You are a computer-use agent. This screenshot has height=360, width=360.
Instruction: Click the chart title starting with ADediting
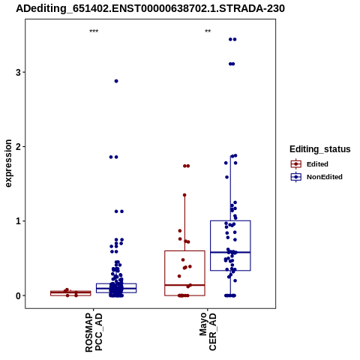click(150, 8)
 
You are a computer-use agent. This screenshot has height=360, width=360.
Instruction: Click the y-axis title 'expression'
click(8, 163)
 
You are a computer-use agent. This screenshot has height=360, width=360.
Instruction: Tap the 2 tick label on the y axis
click(18, 146)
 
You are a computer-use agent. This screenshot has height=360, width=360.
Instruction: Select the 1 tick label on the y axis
click(18, 221)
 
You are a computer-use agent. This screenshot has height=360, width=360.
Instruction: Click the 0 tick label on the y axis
click(18, 295)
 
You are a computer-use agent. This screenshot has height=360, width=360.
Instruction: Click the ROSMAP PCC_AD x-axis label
click(94, 332)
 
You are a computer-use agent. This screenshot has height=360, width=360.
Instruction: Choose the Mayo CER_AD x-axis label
click(208, 331)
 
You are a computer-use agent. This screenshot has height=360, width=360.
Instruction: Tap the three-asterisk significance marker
click(94, 31)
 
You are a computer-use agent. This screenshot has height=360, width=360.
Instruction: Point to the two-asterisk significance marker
click(208, 31)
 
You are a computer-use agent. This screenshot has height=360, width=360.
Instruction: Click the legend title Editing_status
click(320, 149)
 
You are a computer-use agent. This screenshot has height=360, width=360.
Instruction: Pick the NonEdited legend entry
click(316, 177)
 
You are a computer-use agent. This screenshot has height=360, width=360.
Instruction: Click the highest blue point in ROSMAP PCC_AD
click(116, 81)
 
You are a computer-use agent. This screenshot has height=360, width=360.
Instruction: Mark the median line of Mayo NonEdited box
click(230, 252)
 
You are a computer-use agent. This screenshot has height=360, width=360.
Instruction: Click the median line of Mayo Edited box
click(184, 285)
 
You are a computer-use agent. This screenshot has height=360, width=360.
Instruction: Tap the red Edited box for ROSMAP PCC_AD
click(70, 293)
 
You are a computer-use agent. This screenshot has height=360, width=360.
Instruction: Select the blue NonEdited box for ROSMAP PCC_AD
click(116, 288)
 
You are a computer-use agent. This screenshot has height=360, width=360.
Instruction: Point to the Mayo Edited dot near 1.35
click(184, 195)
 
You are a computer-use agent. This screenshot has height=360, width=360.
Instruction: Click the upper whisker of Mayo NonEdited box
click(230, 188)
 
